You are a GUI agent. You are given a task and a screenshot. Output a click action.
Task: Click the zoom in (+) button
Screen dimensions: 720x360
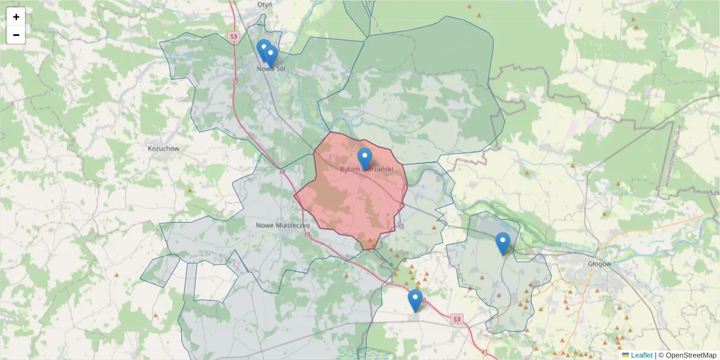(x=16, y=17)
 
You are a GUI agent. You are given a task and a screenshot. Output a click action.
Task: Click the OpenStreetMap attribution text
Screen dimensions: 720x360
(x=687, y=355)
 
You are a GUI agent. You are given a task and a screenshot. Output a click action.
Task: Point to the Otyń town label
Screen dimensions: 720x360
(x=264, y=4)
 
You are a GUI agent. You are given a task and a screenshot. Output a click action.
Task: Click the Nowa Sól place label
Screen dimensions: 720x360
(x=270, y=69)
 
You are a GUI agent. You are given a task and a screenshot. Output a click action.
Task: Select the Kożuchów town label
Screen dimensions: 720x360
(x=163, y=148)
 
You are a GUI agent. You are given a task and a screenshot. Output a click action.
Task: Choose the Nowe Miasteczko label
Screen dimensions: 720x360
(x=282, y=225)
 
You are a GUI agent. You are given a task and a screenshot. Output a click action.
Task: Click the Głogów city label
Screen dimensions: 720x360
(x=599, y=263)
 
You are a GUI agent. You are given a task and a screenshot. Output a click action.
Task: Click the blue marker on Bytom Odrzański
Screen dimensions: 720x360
(x=365, y=158)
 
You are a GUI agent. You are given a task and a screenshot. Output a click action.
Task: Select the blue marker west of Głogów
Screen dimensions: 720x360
(x=503, y=242)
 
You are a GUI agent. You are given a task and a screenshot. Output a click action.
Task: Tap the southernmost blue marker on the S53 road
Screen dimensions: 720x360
(x=415, y=299)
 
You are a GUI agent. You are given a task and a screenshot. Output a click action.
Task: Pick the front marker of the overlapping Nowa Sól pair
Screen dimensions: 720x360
(x=271, y=56)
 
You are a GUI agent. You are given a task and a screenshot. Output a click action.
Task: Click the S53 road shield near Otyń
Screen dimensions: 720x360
(x=233, y=37)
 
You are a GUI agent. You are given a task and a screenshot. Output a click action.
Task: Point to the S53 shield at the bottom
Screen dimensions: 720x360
(x=457, y=318)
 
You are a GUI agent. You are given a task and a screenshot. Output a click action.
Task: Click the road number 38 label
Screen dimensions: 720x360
(x=281, y=173)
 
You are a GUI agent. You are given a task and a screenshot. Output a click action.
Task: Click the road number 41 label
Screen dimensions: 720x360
(x=484, y=352)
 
